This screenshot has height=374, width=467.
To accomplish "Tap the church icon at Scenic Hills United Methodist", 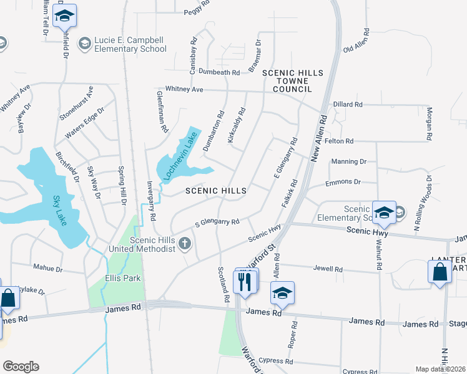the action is [x=184, y=244].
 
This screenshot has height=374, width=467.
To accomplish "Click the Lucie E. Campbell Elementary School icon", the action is [x=84, y=44].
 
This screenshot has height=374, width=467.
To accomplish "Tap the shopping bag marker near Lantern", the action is [x=440, y=272].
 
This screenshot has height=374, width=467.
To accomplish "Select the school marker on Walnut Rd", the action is [x=384, y=213].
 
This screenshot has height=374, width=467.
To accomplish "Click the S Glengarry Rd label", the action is [x=217, y=223].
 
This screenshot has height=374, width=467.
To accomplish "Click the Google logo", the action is [x=21, y=367].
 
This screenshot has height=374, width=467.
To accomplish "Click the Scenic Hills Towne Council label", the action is [x=292, y=81].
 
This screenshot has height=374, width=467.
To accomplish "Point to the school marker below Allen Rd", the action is [x=282, y=294].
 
